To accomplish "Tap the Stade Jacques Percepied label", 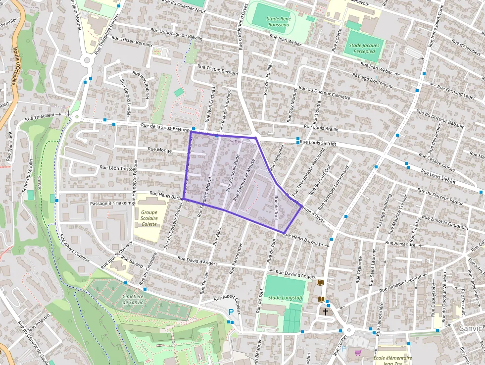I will pos(364,48).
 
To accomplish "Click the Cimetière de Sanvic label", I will pos(126,299).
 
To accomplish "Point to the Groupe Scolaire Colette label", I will pos(148,218).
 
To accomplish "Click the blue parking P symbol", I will pos(231,312).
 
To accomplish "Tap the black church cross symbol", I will pos(326,312).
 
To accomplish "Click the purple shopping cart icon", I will pos(358,353).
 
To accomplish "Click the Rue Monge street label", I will pos(159,150).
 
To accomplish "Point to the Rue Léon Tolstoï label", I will pos(117,168).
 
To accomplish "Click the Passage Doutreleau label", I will pos(372,80).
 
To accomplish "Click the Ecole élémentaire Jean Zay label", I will pos(393,361).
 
